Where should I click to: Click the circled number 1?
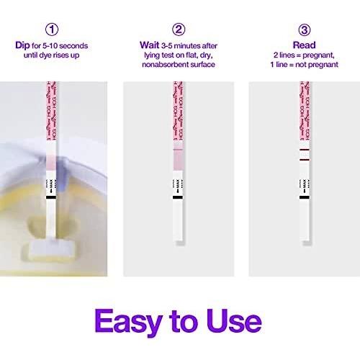coord(52,30)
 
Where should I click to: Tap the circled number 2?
coord(179,30)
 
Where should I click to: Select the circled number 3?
coord(305,30)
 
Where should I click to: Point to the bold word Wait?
coord(149,45)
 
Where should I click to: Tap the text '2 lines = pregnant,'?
coord(305,56)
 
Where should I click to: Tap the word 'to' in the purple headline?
coord(181,322)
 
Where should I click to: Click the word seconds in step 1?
coord(72,45)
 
